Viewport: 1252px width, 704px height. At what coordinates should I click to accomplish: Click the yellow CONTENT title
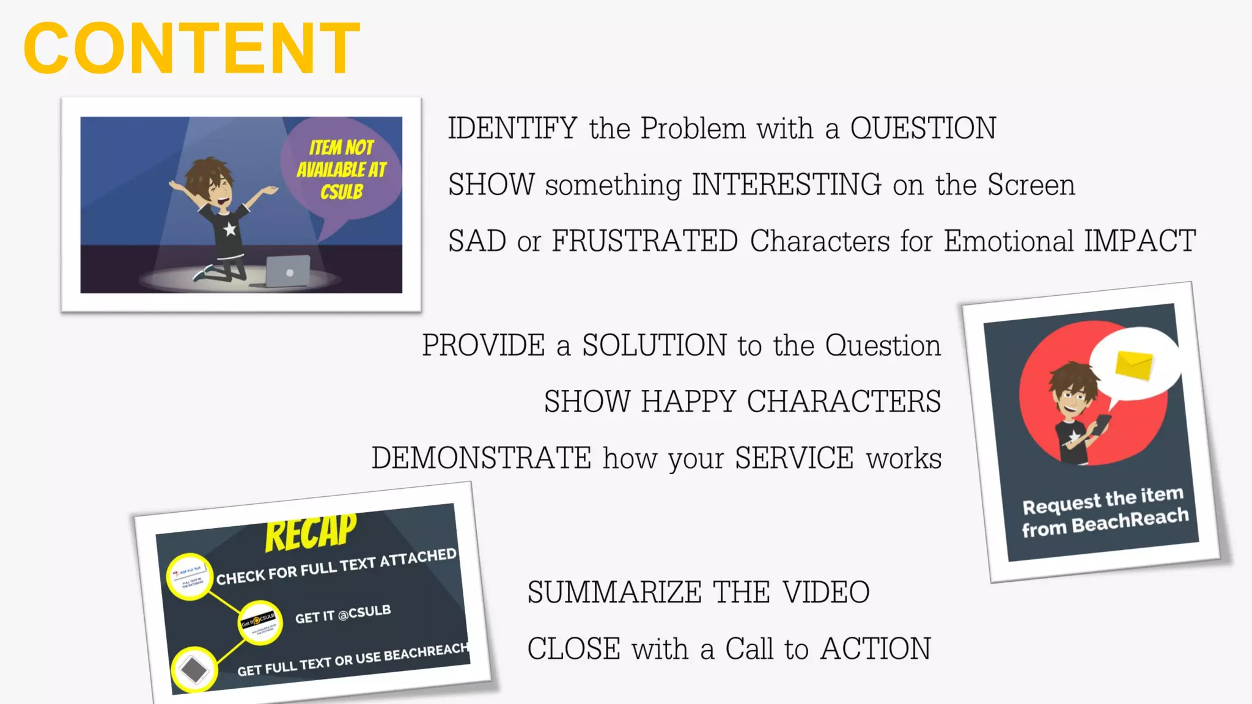pyautogui.click(x=191, y=48)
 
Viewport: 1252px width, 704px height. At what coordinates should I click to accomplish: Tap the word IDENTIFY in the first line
pyautogui.click(x=512, y=128)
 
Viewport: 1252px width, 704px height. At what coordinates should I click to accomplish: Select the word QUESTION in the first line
pyautogui.click(x=923, y=128)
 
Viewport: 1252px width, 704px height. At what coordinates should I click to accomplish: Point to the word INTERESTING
pyautogui.click(x=786, y=185)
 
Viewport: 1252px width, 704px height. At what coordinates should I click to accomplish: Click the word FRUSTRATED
pyautogui.click(x=645, y=241)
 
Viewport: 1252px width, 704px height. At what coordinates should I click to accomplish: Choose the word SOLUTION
pyautogui.click(x=654, y=345)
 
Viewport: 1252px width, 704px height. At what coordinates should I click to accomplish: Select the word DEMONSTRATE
pyautogui.click(x=482, y=458)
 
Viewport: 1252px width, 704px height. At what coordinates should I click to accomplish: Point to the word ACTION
pyautogui.click(x=875, y=648)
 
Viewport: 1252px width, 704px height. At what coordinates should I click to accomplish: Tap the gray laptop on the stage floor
pyautogui.click(x=288, y=271)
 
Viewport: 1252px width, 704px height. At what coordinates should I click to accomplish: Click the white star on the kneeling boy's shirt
pyautogui.click(x=230, y=229)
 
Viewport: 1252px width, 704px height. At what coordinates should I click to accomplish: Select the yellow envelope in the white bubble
pyautogui.click(x=1133, y=365)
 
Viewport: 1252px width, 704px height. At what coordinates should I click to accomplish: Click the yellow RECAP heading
pyautogui.click(x=311, y=531)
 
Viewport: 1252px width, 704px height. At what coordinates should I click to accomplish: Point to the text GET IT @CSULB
pyautogui.click(x=343, y=614)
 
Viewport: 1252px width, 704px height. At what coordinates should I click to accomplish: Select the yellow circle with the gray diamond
pyautogui.click(x=194, y=669)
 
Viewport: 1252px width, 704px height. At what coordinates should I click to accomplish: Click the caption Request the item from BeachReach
pyautogui.click(x=1105, y=512)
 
